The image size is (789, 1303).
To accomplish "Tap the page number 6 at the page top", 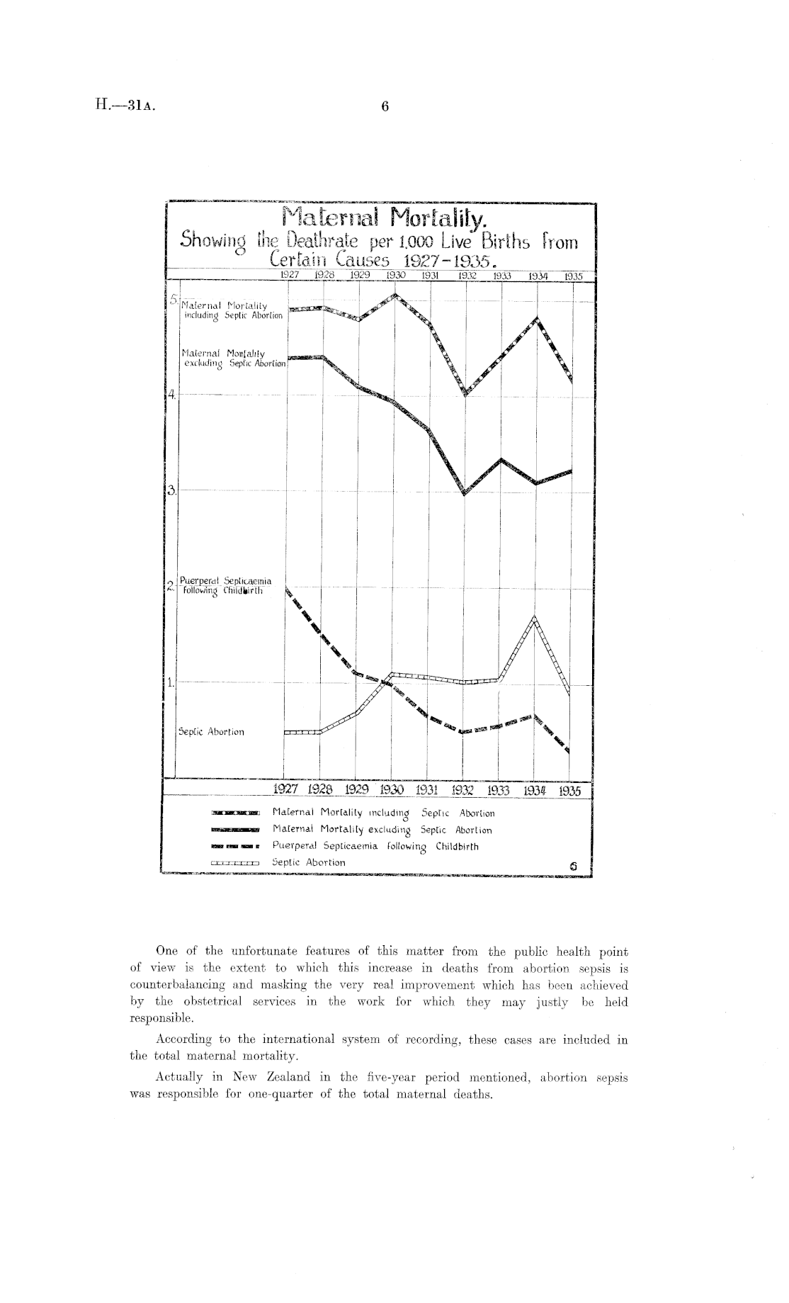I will tap(385, 106).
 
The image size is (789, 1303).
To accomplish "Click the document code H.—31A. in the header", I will tap(124, 106).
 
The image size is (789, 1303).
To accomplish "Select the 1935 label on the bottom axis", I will tap(569, 791).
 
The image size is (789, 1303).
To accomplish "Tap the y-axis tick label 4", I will tap(171, 395).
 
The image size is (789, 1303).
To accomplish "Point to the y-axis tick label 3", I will tap(171, 490).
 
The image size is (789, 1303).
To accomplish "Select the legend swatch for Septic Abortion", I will tap(235, 863).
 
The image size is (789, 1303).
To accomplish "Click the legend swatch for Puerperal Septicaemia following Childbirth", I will tap(235, 847).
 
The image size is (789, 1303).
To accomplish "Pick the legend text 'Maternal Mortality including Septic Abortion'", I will tap(383, 813).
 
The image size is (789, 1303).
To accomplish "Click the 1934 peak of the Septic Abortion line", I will tap(535, 618).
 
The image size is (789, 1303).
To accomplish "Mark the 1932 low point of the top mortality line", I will tap(465, 394).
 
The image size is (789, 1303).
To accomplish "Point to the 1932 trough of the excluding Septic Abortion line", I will tap(465, 493).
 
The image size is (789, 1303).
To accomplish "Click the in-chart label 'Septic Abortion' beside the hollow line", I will tap(211, 732).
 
